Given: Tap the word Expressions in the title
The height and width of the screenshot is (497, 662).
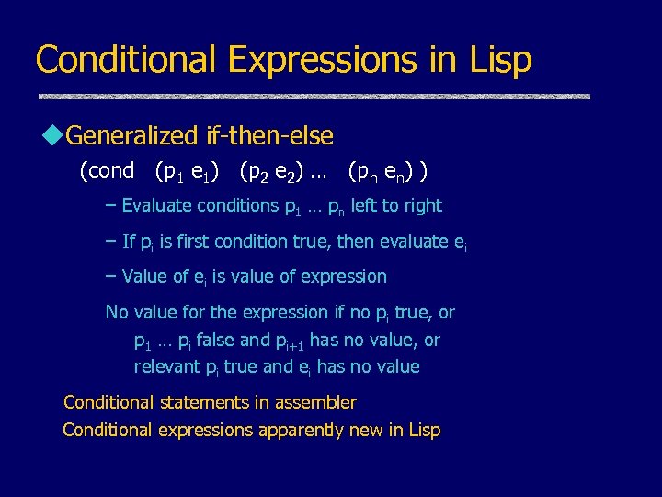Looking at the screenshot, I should pyautogui.click(x=321, y=60).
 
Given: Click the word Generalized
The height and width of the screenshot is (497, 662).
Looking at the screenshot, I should pyautogui.click(x=132, y=137).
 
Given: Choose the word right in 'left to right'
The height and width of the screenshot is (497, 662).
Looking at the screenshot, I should pyautogui.click(x=421, y=206).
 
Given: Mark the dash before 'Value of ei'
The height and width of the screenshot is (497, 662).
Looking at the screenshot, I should pyautogui.click(x=111, y=276).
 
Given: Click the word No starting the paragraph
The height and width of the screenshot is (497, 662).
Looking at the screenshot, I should pyautogui.click(x=117, y=312).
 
